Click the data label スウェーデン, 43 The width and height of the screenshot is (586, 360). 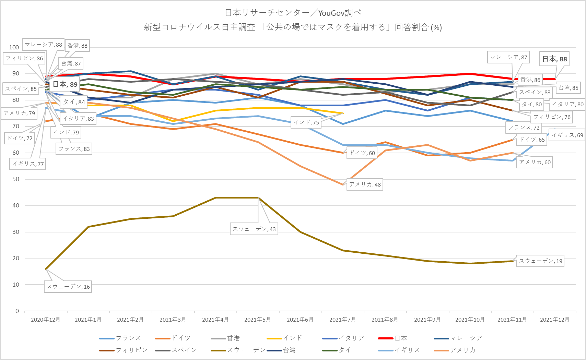(x=254, y=229)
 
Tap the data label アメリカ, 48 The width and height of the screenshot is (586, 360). (x=365, y=184)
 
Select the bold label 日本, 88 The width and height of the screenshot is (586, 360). (x=554, y=59)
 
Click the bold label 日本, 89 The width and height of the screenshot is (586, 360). (x=65, y=84)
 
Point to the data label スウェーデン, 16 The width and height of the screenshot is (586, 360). (x=68, y=287)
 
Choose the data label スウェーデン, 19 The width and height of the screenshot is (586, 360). (x=540, y=261)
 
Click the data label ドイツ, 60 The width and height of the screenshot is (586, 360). (x=362, y=153)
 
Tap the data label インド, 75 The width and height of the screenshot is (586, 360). (x=306, y=122)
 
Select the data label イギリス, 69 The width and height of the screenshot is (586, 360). (x=567, y=135)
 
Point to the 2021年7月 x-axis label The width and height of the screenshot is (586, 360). (x=342, y=320)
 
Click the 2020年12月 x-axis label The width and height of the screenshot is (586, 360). (x=46, y=320)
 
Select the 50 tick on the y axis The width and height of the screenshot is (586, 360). (x=16, y=179)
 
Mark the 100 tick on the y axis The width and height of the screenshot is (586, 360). (x=14, y=47)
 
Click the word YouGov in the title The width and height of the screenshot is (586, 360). (x=331, y=13)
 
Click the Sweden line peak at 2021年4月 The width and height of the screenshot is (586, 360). (x=216, y=197)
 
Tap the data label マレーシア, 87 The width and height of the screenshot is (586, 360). (x=508, y=57)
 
